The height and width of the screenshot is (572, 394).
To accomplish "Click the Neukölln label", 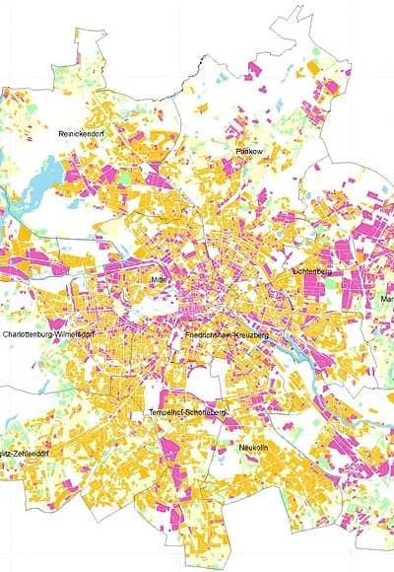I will [260, 447].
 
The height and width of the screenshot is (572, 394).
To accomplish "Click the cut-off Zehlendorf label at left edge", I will [24, 453].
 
